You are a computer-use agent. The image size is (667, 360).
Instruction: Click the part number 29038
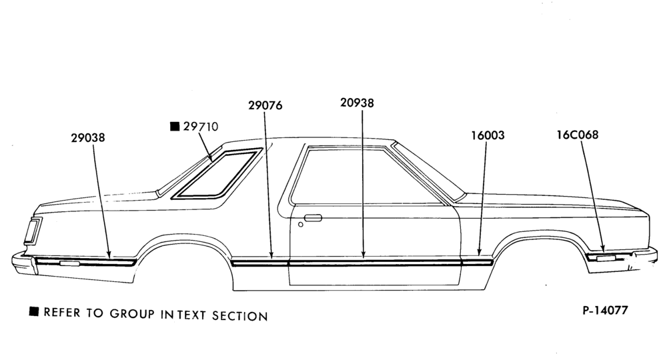click(x=87, y=138)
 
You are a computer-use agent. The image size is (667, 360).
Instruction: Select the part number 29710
click(x=201, y=127)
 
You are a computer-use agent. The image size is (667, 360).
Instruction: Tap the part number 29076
click(x=265, y=105)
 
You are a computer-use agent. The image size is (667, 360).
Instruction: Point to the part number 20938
click(x=357, y=103)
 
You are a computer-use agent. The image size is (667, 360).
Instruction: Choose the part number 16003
click(x=488, y=135)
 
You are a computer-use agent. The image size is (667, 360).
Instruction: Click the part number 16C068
click(x=577, y=135)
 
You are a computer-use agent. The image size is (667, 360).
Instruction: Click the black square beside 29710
click(x=174, y=126)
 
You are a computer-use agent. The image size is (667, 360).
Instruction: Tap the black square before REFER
click(x=33, y=311)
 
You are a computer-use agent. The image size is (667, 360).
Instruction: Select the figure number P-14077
click(x=605, y=311)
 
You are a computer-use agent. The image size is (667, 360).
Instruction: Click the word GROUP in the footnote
click(x=132, y=314)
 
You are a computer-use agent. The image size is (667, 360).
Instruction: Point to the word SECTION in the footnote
click(x=240, y=316)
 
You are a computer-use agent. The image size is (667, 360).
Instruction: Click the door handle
click(x=313, y=218)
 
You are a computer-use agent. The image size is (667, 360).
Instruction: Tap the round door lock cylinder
click(x=301, y=224)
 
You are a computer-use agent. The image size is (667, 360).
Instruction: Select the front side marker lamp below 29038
click(x=69, y=263)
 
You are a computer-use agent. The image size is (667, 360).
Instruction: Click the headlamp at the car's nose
click(x=32, y=230)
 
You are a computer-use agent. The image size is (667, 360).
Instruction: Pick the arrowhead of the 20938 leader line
click(x=364, y=255)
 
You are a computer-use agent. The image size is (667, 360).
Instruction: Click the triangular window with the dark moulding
click(x=217, y=174)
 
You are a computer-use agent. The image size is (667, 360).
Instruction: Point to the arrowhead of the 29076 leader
click(x=271, y=255)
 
